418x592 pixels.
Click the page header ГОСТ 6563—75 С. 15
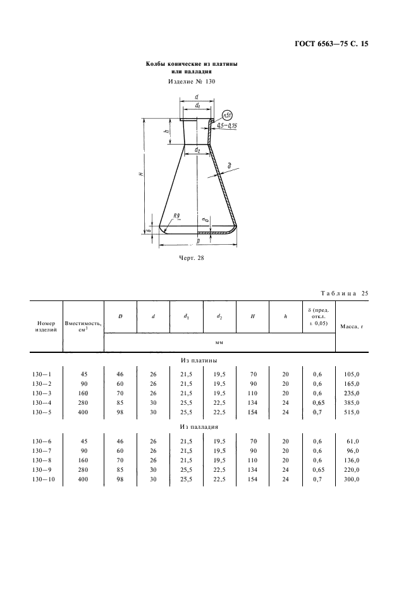tap(331, 44)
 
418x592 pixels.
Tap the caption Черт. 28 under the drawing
tap(191, 258)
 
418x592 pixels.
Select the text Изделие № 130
tap(192, 81)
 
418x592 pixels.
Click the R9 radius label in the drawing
tap(176, 216)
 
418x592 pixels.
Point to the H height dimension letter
tap(140, 174)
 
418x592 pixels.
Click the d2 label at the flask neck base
tap(197, 150)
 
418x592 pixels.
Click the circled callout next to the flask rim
tap(227, 114)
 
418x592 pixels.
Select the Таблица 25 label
tap(345, 293)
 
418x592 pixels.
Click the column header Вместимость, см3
tap(83, 326)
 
